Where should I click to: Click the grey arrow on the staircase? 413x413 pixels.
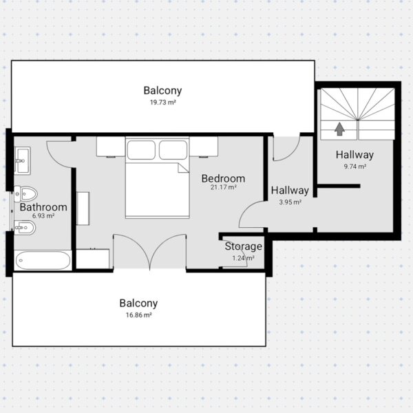(340, 129)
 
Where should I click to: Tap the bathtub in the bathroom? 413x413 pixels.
(43, 260)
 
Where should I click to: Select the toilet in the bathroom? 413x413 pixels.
(25, 194)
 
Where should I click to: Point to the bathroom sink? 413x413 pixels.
(23, 160)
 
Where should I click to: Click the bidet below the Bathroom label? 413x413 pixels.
(25, 228)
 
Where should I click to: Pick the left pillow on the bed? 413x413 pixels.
(141, 150)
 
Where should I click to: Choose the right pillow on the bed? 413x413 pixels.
(173, 150)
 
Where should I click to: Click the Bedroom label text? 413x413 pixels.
(223, 178)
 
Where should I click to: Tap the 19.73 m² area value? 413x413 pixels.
(162, 102)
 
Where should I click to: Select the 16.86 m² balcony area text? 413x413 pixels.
(138, 315)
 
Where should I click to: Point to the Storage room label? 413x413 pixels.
(244, 246)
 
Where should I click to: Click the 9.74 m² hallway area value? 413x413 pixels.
(354, 167)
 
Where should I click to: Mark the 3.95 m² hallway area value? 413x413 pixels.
(290, 202)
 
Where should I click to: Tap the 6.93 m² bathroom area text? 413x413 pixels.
(43, 215)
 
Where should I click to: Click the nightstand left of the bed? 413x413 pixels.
(111, 147)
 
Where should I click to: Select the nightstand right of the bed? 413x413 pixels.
(204, 147)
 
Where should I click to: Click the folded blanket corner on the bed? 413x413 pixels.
(183, 168)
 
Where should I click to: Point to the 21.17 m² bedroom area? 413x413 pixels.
(223, 187)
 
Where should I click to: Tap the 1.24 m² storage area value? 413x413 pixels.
(243, 258)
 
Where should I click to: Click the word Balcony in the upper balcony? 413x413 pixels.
(162, 91)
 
